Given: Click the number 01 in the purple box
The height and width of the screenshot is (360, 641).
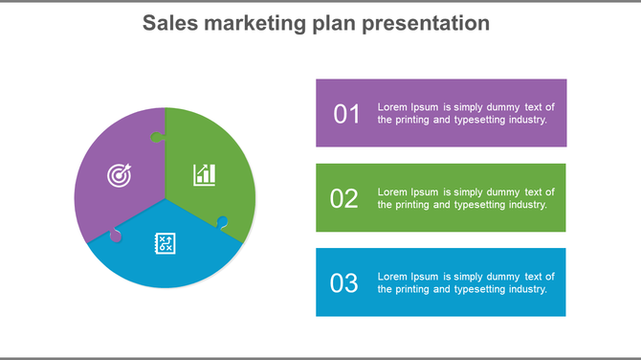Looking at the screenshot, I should click(x=346, y=114).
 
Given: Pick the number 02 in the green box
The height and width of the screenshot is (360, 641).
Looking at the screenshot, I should click(x=344, y=198).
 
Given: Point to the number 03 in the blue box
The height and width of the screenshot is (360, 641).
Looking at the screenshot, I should click(x=344, y=282).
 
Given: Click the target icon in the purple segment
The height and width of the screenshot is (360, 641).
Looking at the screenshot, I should click(x=118, y=175).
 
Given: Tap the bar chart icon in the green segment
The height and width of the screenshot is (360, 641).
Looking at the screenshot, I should click(x=205, y=174).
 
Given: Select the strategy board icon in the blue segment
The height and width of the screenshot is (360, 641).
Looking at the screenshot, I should click(x=165, y=243).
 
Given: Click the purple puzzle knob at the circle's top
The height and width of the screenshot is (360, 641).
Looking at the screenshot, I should click(x=156, y=137).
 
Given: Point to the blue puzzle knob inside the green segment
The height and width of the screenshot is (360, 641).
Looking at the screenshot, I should click(x=223, y=222).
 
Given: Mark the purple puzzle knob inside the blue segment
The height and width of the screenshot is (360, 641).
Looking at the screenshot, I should click(x=116, y=235).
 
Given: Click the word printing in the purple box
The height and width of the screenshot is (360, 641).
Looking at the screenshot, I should click(x=410, y=121).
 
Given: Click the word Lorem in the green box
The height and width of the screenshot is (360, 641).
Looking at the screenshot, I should click(x=393, y=191).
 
